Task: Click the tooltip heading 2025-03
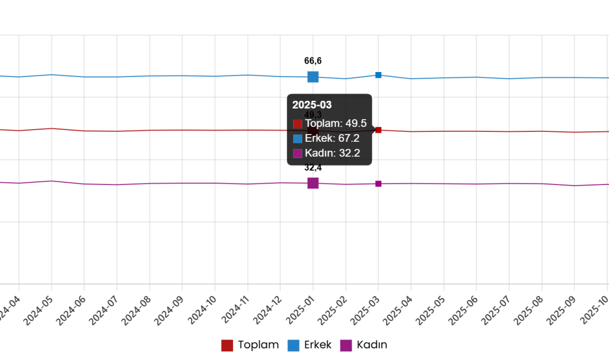tap(312, 105)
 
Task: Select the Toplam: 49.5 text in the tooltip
tap(336, 124)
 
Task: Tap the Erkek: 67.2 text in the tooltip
tap(332, 138)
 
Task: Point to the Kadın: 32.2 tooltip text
tap(332, 153)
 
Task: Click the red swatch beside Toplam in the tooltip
tap(298, 124)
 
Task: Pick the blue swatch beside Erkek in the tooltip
tap(298, 138)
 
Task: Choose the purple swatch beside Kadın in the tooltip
tap(298, 153)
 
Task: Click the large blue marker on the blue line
tap(313, 77)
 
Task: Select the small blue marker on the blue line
tap(378, 75)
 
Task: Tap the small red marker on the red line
tap(378, 130)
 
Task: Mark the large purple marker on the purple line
tap(313, 183)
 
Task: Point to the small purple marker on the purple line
tap(378, 183)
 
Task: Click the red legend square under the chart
tap(227, 346)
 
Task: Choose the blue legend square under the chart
tap(293, 346)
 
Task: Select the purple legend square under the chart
tap(346, 346)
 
